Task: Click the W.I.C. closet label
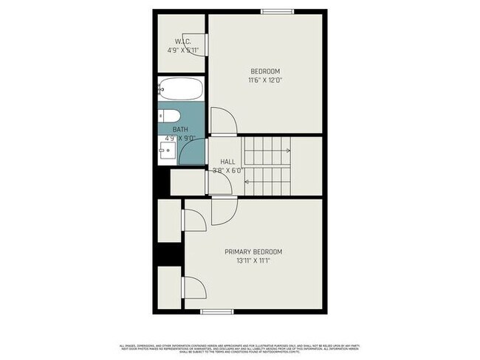point(183,41)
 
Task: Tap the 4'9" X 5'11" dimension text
point(183,51)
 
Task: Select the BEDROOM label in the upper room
point(264,71)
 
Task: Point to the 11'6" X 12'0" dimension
point(264,80)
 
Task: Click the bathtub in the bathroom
point(180,89)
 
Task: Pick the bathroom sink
point(166,153)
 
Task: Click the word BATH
point(180,130)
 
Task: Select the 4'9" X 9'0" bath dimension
point(180,138)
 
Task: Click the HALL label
point(227,162)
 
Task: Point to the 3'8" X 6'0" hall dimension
point(227,170)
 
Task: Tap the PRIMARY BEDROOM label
point(253,252)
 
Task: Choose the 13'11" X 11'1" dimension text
point(253,261)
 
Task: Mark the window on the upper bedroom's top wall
point(277,10)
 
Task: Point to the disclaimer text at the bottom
point(240,348)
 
